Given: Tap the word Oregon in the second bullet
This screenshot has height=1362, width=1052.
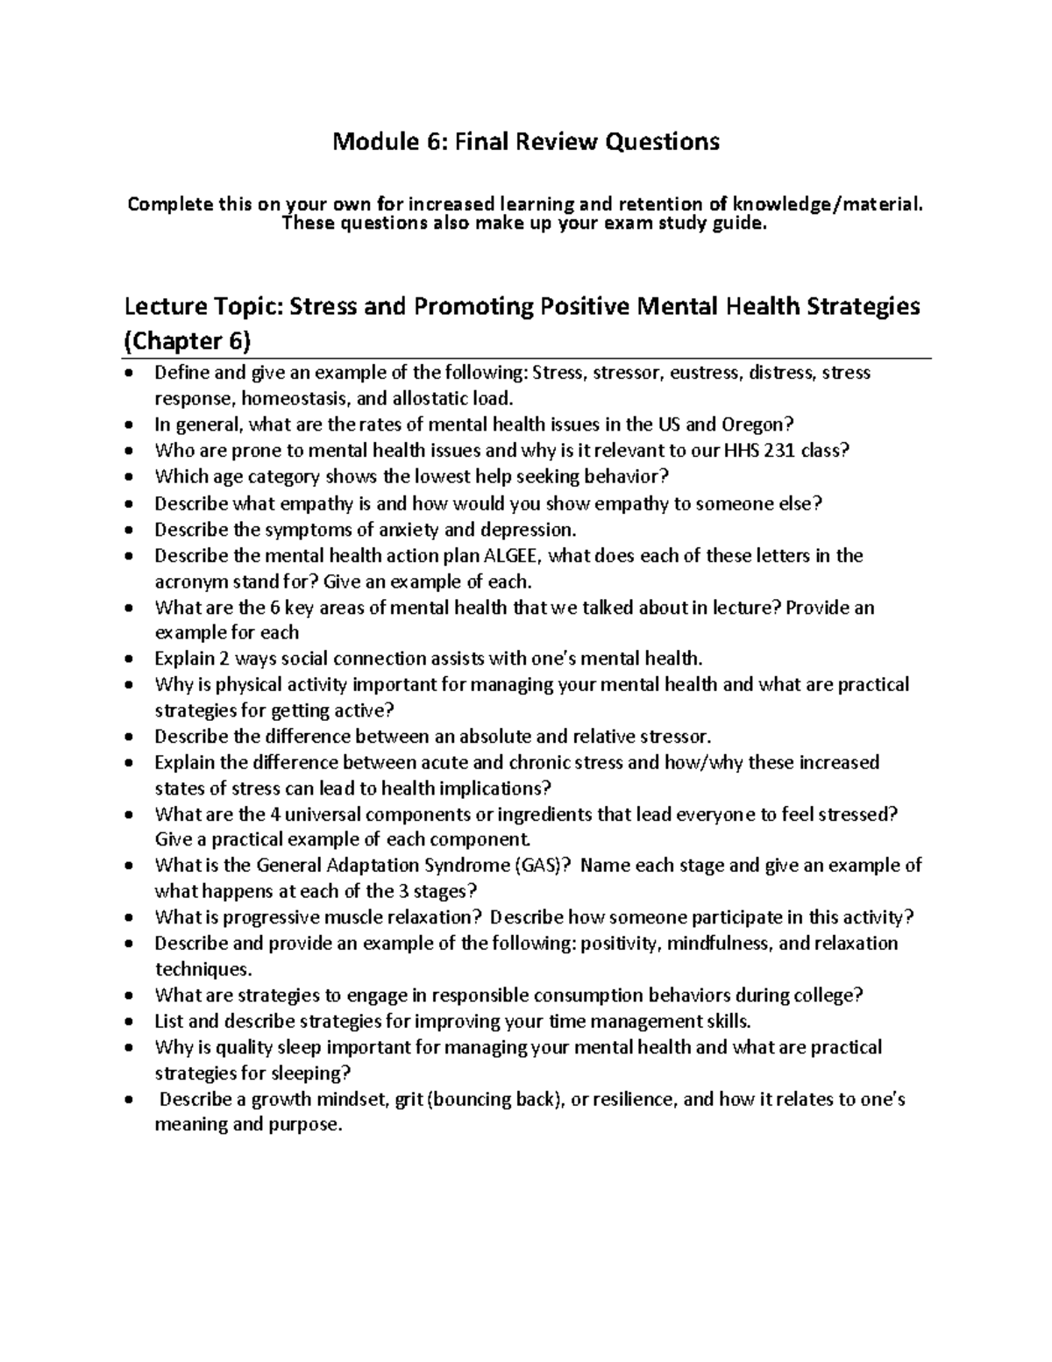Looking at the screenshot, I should (757, 424).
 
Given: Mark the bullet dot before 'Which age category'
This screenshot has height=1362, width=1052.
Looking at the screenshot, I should (131, 478).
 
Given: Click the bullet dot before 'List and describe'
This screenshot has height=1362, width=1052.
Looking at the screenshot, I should (131, 1023).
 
